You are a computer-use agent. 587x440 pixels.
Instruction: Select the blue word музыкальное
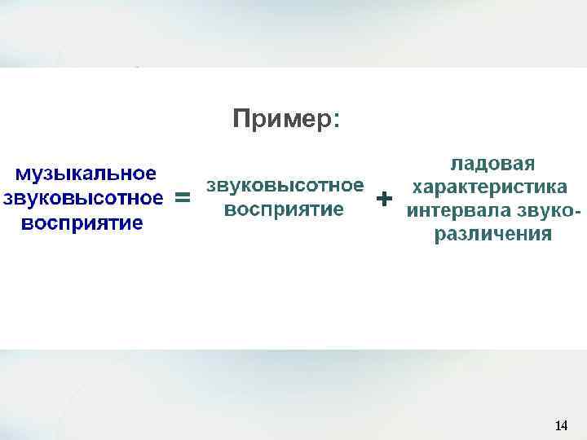click(87, 174)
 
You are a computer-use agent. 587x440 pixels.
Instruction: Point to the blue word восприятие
click(82, 223)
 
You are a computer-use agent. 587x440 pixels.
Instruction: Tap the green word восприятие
click(284, 209)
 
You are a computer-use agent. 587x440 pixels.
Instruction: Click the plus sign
click(383, 198)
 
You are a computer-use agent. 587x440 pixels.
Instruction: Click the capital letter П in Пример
click(241, 120)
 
